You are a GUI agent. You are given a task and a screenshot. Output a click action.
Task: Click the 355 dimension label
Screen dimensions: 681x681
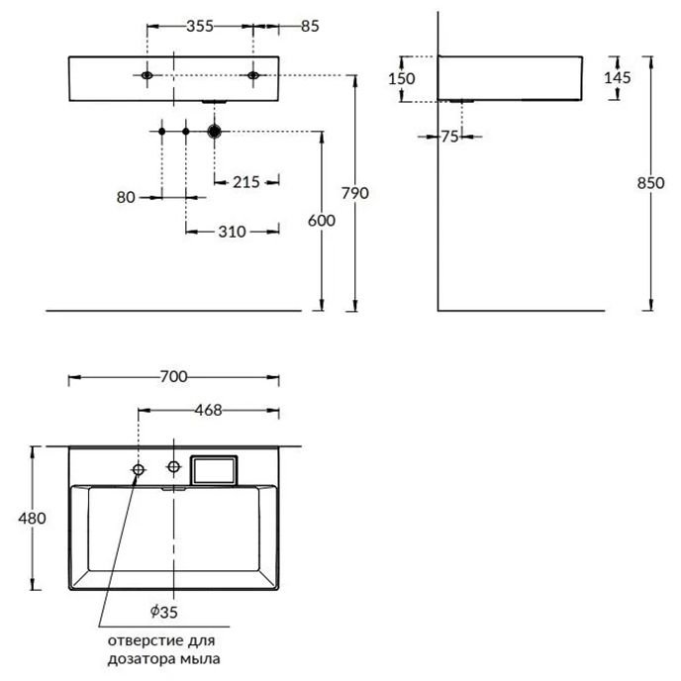coord(200,26)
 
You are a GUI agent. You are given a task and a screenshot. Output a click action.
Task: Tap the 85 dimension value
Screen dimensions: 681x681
coord(310,26)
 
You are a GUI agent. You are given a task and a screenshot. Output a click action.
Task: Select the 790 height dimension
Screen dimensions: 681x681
coord(354,193)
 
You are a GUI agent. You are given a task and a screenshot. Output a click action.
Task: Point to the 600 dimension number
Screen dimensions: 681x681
coord(322,221)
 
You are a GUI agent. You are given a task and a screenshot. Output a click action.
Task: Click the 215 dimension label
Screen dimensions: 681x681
coord(246,182)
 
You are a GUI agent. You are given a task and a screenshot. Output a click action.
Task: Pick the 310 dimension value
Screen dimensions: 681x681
coord(232,232)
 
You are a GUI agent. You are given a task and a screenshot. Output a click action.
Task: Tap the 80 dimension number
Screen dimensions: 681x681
coord(126,198)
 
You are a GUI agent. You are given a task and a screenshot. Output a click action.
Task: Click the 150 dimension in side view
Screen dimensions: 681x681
coord(401,78)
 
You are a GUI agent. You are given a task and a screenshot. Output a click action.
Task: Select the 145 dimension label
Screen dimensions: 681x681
coord(618,78)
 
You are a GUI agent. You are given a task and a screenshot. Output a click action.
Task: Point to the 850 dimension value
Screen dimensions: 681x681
coord(650,183)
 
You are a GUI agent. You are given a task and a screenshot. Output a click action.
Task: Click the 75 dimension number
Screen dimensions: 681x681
coord(450,137)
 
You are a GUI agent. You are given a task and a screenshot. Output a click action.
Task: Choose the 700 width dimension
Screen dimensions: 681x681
coord(174,376)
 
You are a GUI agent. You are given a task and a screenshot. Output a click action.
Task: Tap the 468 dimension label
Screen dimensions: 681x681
coord(208,410)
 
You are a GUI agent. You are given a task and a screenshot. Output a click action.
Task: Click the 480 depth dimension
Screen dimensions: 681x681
coord(32,518)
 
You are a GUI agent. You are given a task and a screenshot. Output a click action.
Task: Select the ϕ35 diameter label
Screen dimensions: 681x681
coord(163,612)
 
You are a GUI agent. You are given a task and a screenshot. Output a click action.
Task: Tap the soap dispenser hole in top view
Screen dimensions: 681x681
coord(139,469)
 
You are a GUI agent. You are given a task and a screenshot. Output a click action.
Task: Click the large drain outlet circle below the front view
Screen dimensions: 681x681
coord(215,132)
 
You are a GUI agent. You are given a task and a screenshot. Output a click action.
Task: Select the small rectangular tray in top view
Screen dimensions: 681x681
coord(214,470)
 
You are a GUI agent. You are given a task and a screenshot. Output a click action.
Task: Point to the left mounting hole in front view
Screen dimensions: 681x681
coord(147,75)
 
